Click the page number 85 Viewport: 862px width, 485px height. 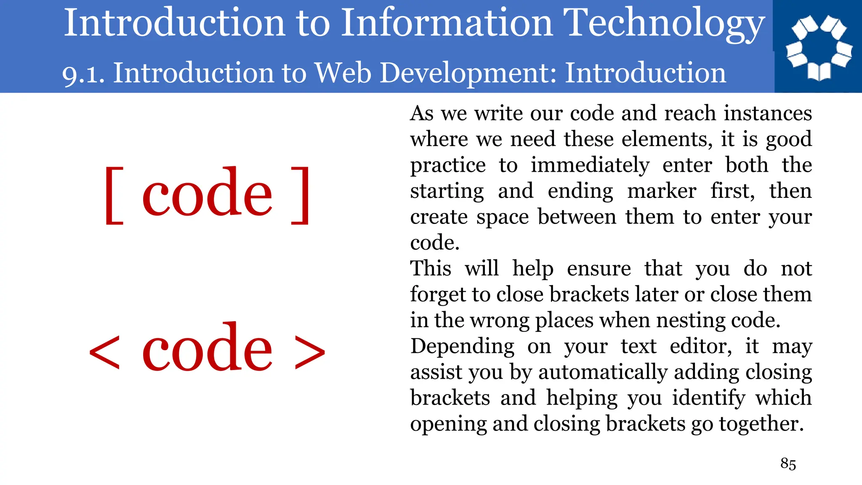pos(788,464)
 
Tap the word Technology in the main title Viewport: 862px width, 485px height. pos(664,24)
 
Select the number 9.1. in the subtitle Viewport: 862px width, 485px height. pos(83,74)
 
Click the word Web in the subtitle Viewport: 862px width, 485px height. pos(343,73)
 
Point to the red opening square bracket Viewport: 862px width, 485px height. pos(114,195)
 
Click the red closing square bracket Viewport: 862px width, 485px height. pos(301,195)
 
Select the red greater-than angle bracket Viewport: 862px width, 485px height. pos(310,352)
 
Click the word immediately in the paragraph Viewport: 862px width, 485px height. pos(590,165)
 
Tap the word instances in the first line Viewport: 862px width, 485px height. pos(767,113)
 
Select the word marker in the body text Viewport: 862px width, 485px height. pos(662,191)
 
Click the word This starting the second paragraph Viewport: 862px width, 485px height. pos(431,269)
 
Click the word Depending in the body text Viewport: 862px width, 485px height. pos(462,347)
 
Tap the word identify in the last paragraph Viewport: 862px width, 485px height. pos(708,398)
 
